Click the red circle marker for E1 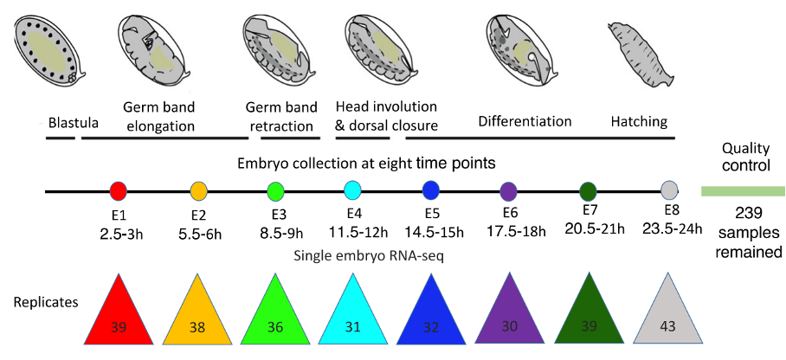119,190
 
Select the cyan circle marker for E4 353,190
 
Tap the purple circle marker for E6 509,190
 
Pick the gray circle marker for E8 669,190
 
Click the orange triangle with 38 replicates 197,317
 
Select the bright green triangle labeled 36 275,317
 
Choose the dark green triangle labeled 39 589,317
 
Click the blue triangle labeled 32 431,317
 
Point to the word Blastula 74,122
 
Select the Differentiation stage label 525,122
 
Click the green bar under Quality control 740,191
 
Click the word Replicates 46,305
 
